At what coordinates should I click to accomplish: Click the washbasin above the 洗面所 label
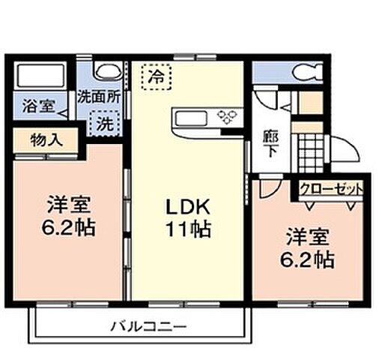pyautogui.click(x=106, y=70)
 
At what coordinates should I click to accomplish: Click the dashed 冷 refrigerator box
pyautogui.click(x=156, y=75)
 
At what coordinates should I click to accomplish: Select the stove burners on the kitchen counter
pyautogui.click(x=226, y=115)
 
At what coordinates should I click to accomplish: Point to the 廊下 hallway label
pyautogui.click(x=269, y=142)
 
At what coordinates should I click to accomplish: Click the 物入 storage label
pyautogui.click(x=45, y=140)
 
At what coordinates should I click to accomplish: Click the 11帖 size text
pyautogui.click(x=188, y=229)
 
